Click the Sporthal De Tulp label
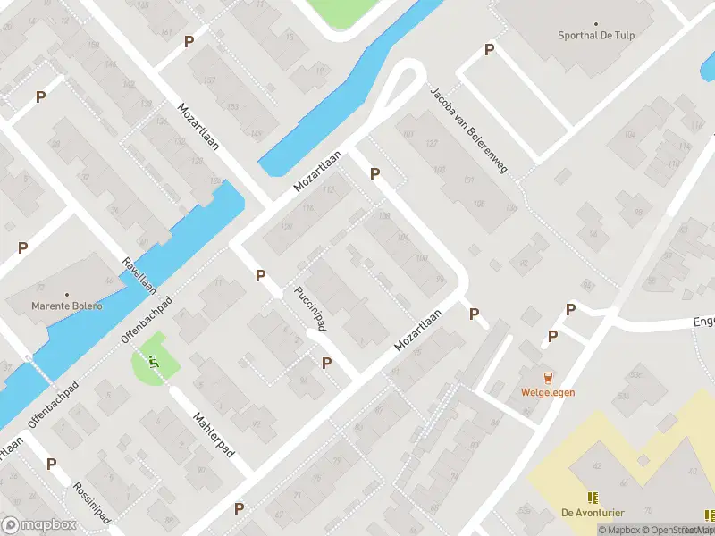[x=597, y=38]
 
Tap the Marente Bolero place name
[x=66, y=306]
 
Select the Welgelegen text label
[x=548, y=392]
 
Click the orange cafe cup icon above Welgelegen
[x=548, y=377]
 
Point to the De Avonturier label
[x=593, y=512]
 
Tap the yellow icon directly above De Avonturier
[x=592, y=497]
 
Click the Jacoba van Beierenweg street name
[x=467, y=130]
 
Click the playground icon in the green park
[x=153, y=362]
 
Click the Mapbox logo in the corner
[x=39, y=525]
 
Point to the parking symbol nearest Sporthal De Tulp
[x=489, y=50]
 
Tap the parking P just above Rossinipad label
[x=51, y=465]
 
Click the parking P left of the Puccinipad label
[x=260, y=276]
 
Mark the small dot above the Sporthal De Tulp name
[x=597, y=25]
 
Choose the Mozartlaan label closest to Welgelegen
[x=418, y=331]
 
